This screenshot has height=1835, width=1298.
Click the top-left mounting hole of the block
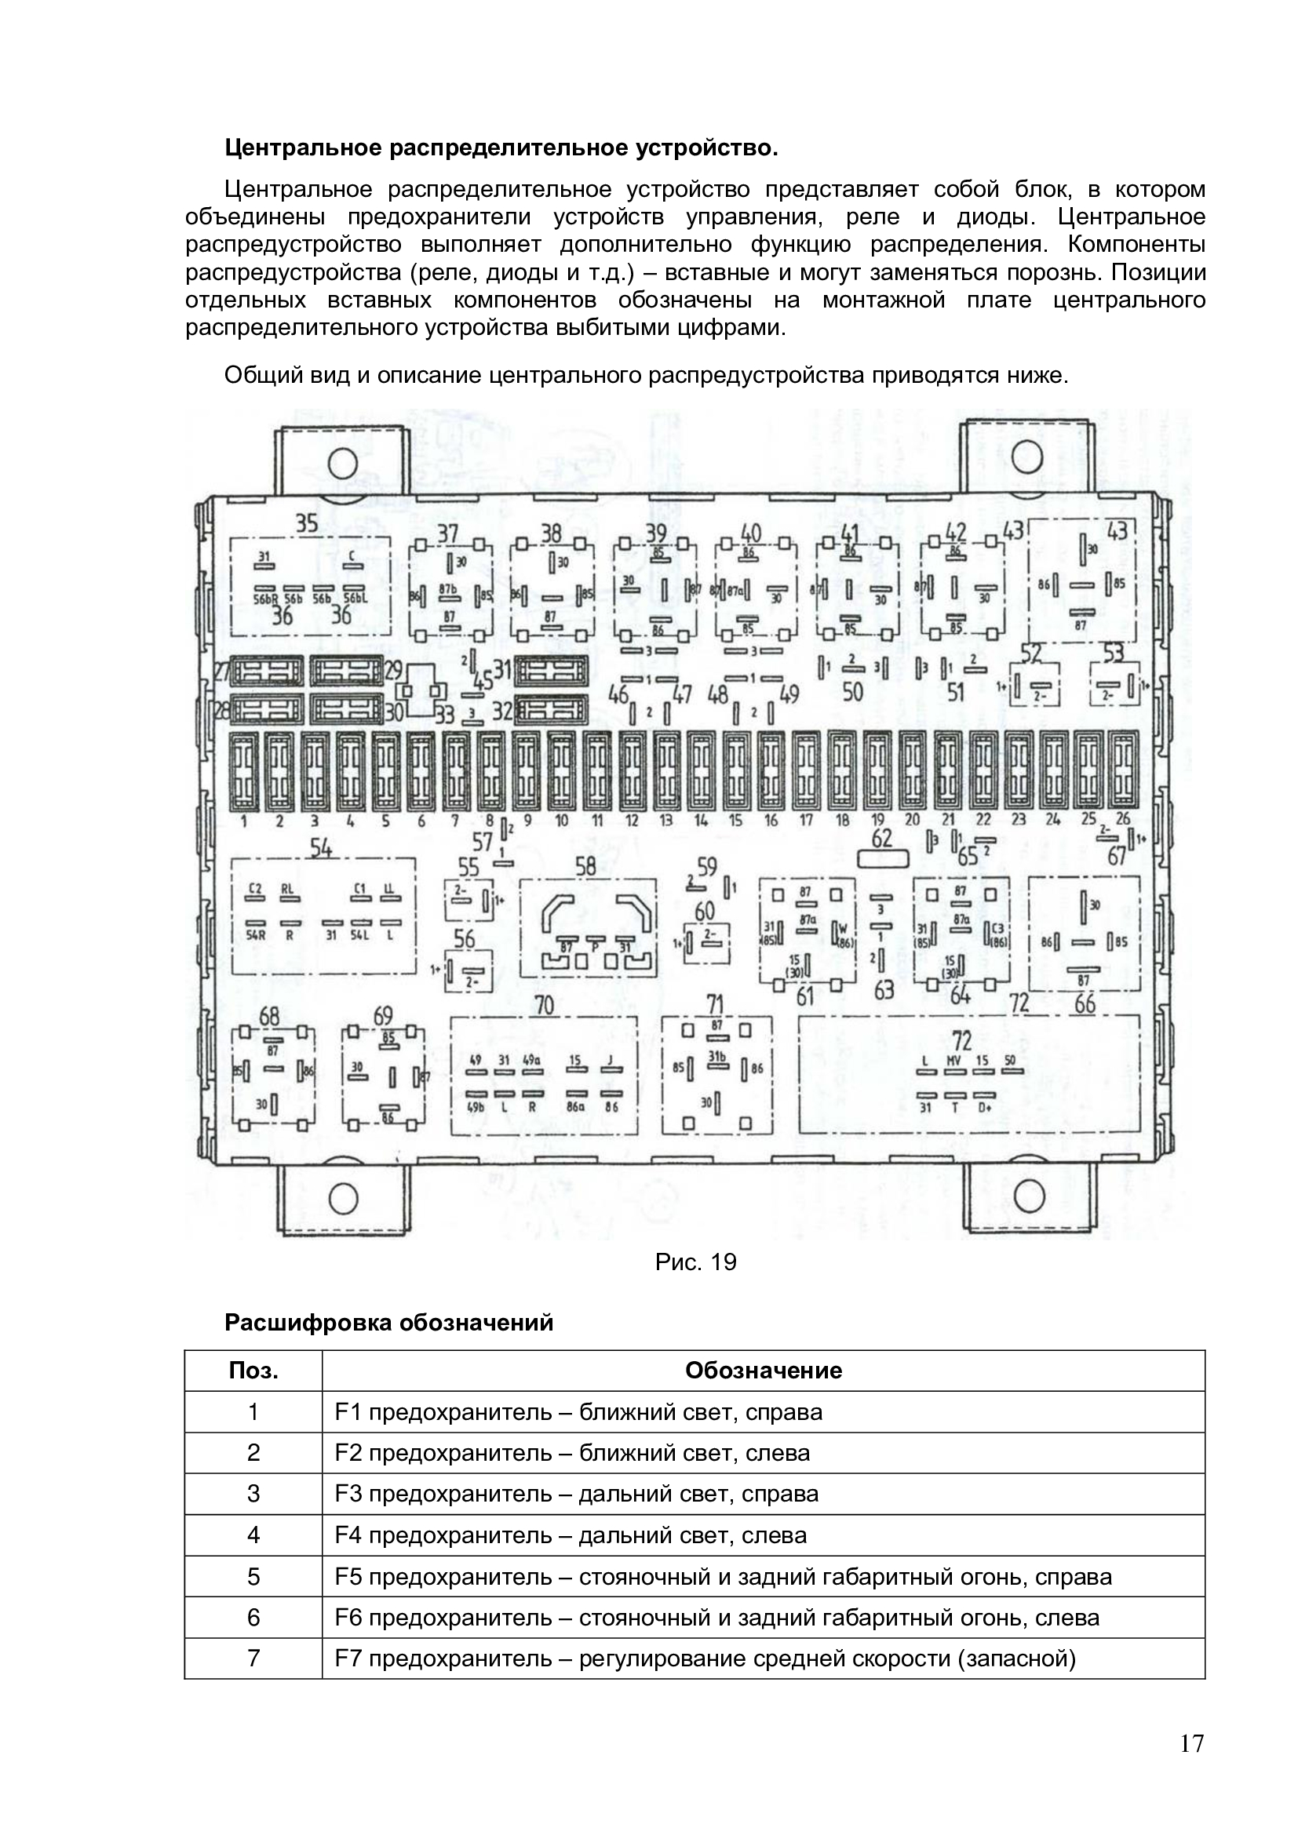click(x=343, y=461)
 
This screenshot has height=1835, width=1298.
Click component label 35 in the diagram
click(x=307, y=523)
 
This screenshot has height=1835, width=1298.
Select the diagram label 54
click(x=321, y=848)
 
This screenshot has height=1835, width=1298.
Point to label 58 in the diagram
click(x=586, y=866)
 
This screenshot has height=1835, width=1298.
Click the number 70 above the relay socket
click(x=544, y=1005)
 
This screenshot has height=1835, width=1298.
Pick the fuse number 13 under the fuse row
click(x=665, y=820)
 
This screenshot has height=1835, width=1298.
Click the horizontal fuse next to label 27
click(x=268, y=672)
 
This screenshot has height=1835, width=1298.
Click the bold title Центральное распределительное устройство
click(x=501, y=147)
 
